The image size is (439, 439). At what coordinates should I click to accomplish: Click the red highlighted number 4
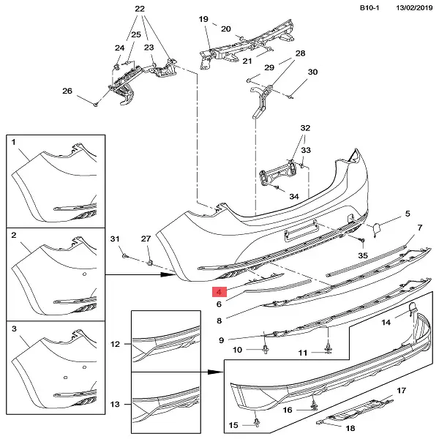(x=218, y=290)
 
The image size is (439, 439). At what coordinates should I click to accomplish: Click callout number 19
(x=203, y=20)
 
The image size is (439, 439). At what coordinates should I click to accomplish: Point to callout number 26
(x=67, y=91)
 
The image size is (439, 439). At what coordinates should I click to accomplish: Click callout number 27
(x=145, y=239)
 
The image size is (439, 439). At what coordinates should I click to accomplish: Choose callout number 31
(x=114, y=239)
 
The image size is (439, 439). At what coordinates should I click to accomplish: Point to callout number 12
(x=115, y=343)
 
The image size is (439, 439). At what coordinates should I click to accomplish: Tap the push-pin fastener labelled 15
(x=256, y=421)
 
